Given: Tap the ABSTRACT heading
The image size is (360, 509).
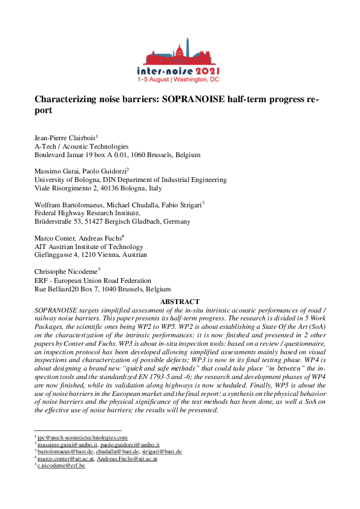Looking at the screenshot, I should click(180, 302).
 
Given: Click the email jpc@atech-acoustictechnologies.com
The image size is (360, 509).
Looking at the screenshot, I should click(82, 437).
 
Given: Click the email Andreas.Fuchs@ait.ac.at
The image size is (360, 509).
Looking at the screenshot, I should click(125, 459).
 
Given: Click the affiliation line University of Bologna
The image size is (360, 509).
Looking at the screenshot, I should click(131, 180).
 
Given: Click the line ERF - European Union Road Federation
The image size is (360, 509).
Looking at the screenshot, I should click(93, 280).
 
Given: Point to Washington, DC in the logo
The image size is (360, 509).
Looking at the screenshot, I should click(197, 79).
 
